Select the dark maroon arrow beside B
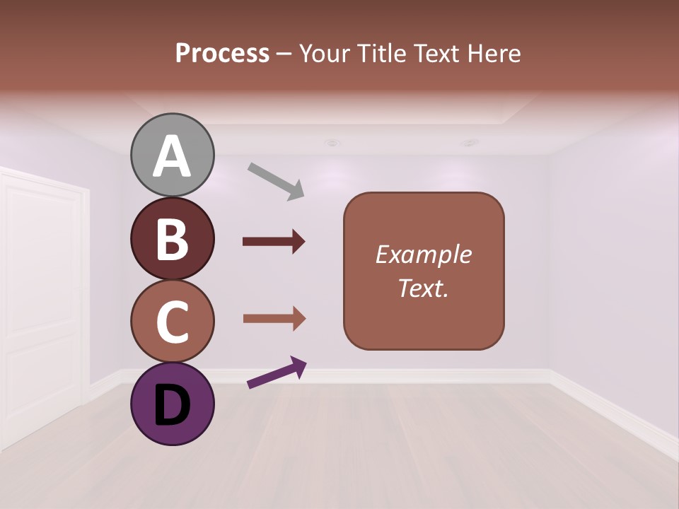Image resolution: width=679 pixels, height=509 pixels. [274, 242]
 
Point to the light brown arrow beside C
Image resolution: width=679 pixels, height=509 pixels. [274, 319]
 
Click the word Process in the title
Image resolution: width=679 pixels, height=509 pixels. [222, 53]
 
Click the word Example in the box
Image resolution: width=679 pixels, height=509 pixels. [423, 255]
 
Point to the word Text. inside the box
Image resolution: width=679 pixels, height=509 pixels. [423, 288]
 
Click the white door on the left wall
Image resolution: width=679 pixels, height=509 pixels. [42, 304]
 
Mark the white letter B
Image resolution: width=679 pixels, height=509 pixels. [172, 239]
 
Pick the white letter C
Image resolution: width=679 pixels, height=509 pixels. [172, 322]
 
